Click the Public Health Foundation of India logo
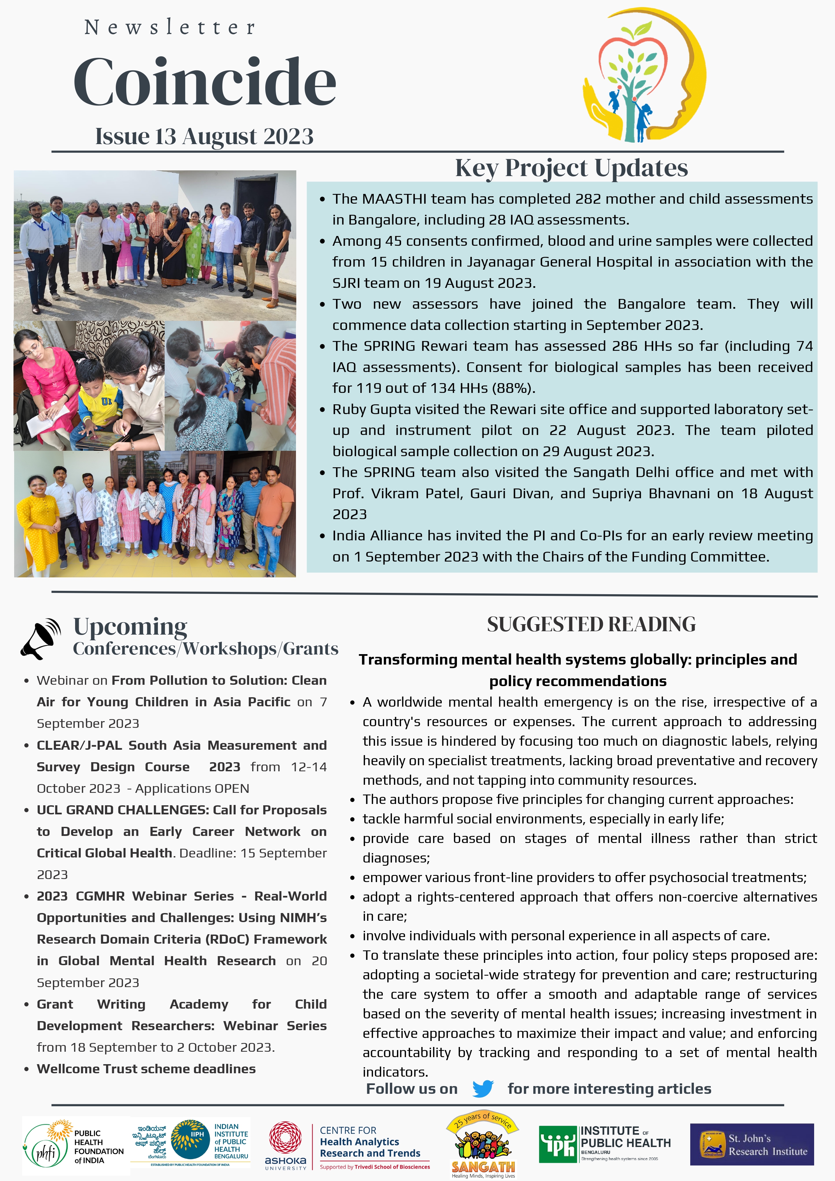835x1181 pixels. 75,1145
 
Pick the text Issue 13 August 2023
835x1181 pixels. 204,136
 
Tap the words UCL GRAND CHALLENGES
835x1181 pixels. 123,810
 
